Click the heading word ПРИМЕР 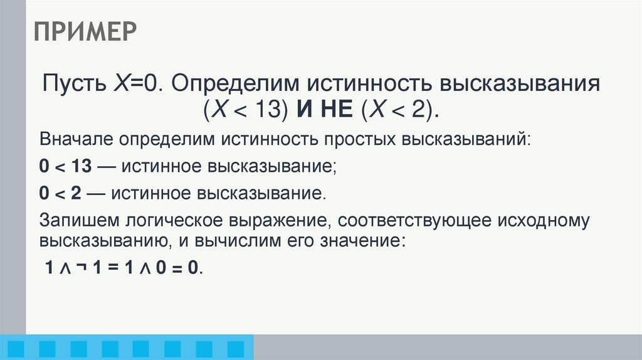coord(85,31)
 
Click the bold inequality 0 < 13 coord(65,166)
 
